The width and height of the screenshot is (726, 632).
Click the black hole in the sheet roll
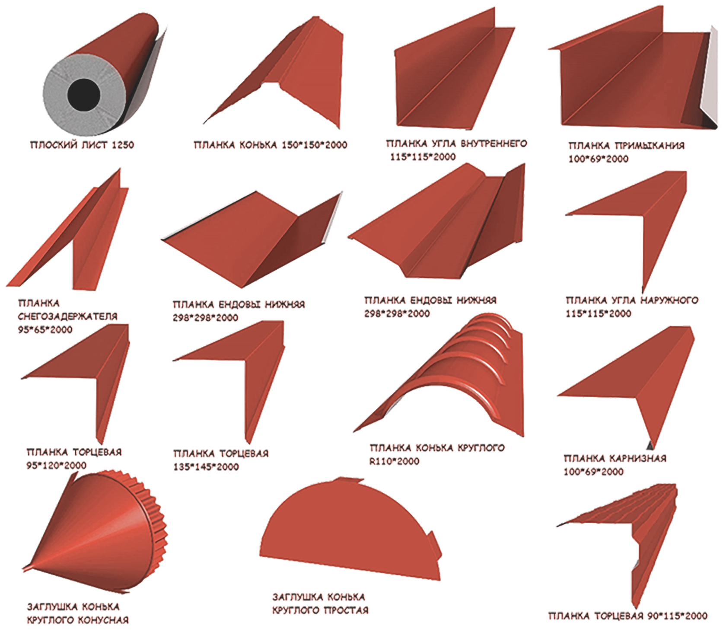[x=84, y=94]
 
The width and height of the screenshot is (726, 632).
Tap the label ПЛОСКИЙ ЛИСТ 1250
[x=82, y=145]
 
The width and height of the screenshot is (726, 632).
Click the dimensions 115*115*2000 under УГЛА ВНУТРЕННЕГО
[x=423, y=157]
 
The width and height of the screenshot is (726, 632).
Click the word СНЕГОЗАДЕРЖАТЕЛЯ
[x=67, y=316]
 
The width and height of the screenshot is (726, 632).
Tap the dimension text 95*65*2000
[x=45, y=330]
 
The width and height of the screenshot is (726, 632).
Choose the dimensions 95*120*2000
[x=56, y=466]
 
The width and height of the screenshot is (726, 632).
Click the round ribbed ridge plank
[x=445, y=380]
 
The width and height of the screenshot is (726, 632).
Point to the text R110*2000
[x=394, y=461]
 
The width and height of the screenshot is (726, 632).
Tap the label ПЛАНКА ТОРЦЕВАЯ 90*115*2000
[x=627, y=616]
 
